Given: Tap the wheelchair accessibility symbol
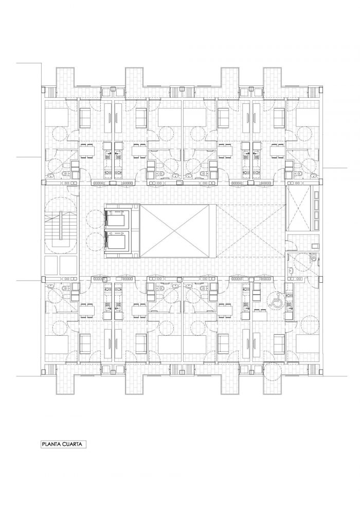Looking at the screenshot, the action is pyautogui.click(x=276, y=300).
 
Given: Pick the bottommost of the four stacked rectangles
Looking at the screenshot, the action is pyautogui.click(x=316, y=225).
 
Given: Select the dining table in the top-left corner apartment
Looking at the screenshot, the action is pyautogui.click(x=87, y=150).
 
